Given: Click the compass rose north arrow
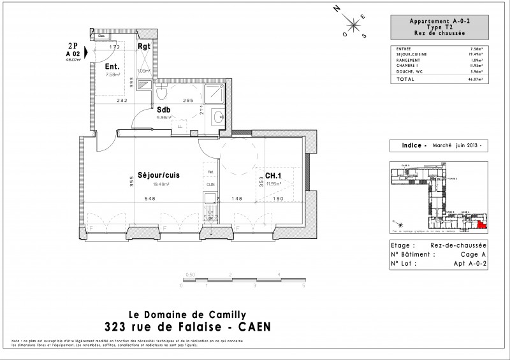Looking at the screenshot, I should click(338, 10).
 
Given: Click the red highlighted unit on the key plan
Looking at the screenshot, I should click(481, 223).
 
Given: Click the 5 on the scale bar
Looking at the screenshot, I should click(304, 287).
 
